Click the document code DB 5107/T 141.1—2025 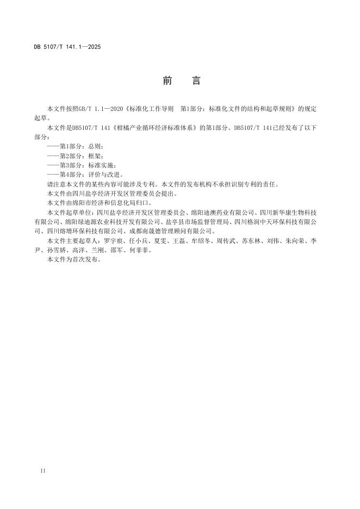pyautogui.click(x=67, y=47)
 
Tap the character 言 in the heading pyautogui.click(x=196, y=81)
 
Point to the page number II pyautogui.click(x=43, y=469)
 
